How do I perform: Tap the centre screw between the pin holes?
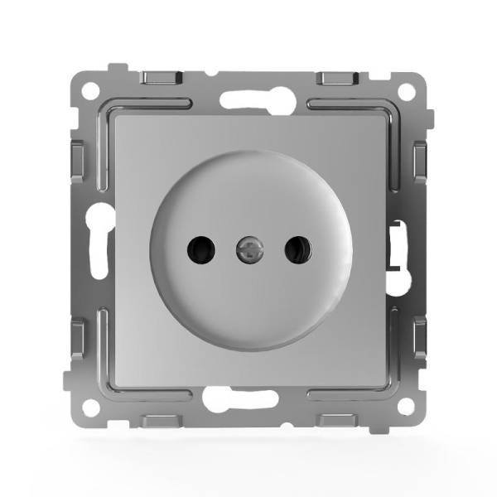pos(248,248)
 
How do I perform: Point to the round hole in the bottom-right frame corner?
pos(405,407)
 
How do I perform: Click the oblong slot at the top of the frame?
pos(248,99)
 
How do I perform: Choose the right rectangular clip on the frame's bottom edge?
pos(339,422)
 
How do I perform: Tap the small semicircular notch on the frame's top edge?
pos(214,74)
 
